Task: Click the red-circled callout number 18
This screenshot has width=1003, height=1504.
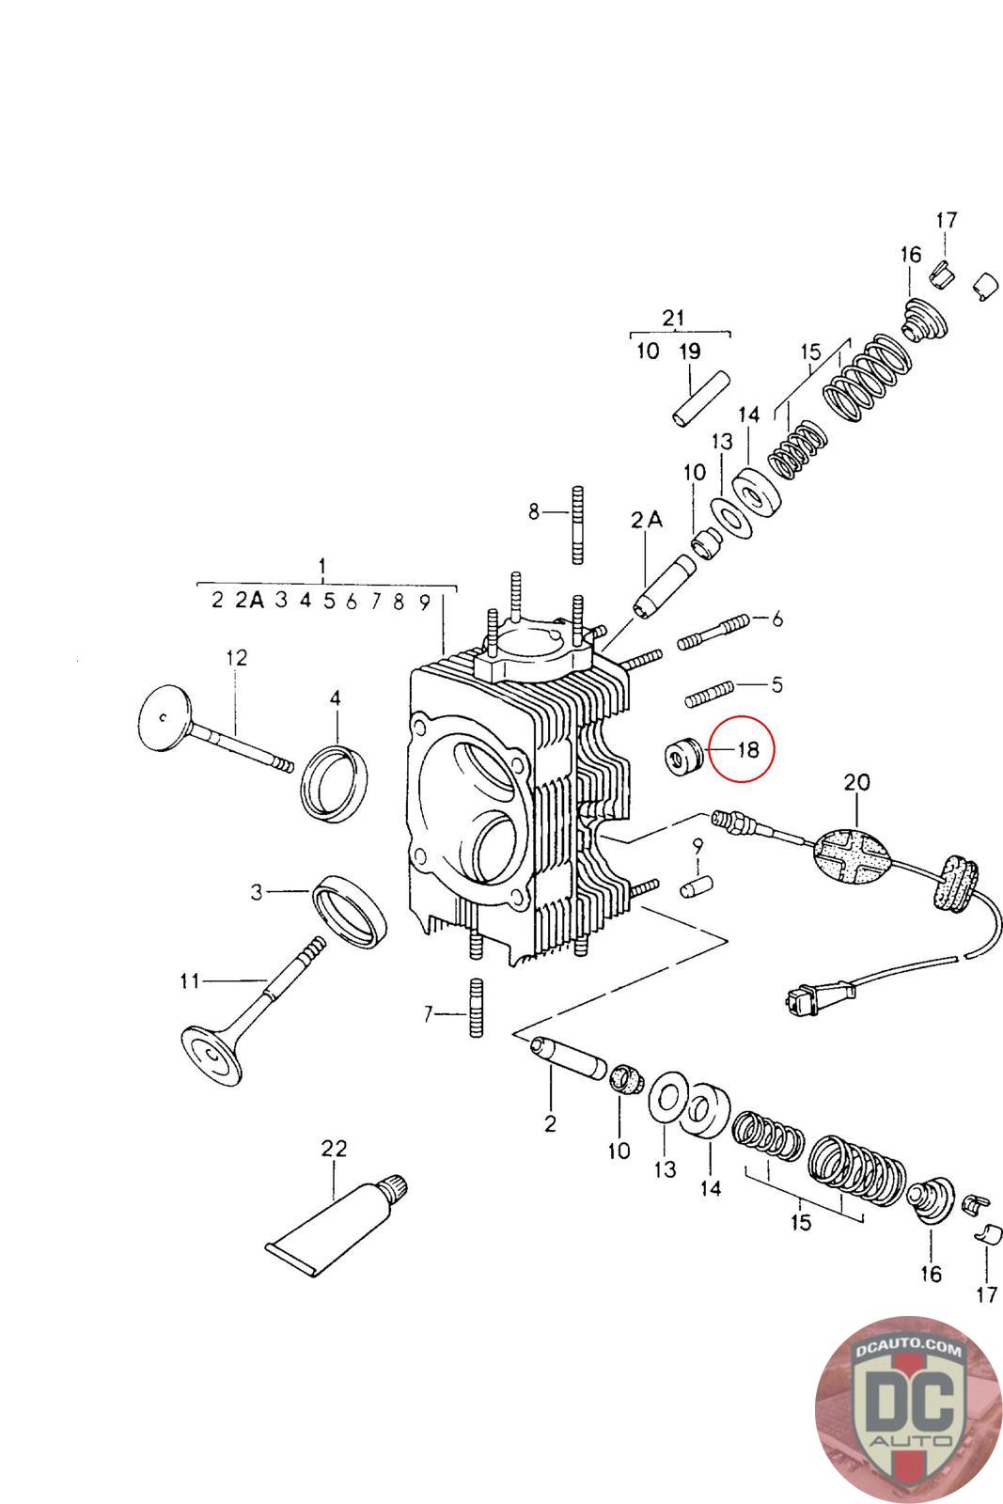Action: (x=748, y=750)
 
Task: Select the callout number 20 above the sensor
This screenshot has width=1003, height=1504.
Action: (x=856, y=782)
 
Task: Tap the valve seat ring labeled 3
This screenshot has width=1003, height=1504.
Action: (x=349, y=910)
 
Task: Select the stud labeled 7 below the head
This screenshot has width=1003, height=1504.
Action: (x=475, y=1007)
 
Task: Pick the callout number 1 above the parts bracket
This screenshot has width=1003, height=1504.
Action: (x=322, y=567)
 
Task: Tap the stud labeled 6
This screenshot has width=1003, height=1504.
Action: (x=712, y=631)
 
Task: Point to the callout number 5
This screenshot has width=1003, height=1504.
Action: (x=776, y=684)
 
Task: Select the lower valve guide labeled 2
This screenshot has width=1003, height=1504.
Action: (x=567, y=1057)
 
